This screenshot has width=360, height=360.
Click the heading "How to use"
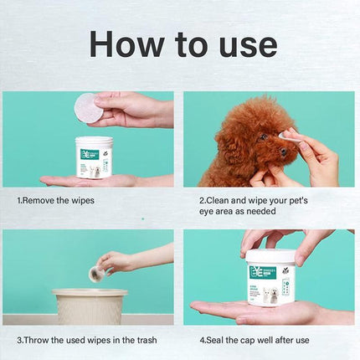click(183, 44)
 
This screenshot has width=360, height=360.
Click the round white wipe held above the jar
click(87, 107)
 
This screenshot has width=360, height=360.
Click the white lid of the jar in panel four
click(270, 256)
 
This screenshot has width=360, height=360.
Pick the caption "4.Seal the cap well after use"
click(255, 340)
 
